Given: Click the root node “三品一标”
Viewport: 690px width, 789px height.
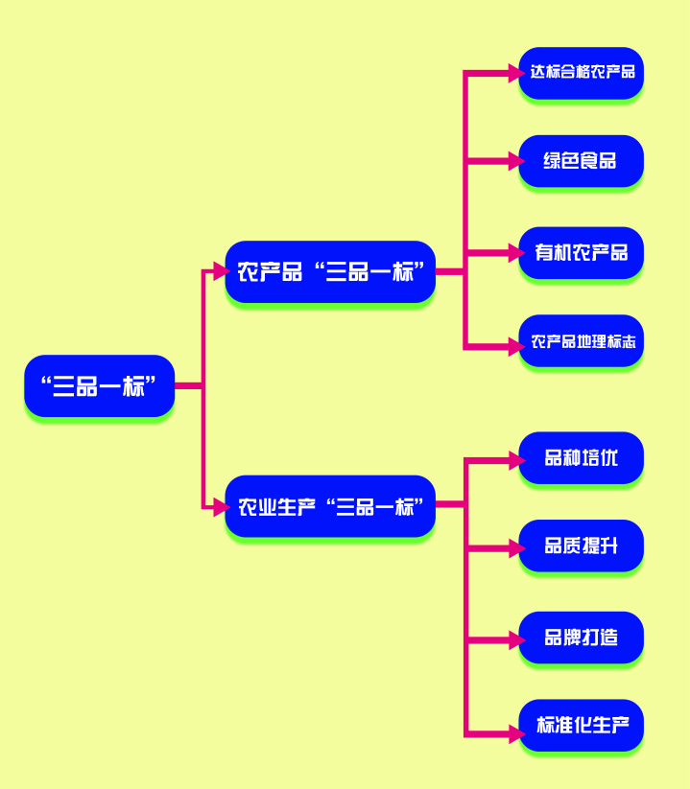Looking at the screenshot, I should click(99, 385).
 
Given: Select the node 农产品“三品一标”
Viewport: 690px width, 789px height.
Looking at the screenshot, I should click(330, 271).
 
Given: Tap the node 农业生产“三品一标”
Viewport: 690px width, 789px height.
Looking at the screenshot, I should click(330, 506).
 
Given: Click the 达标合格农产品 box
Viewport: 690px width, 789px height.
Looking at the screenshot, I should click(581, 72).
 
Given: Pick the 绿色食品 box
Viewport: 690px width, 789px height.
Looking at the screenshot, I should click(581, 160).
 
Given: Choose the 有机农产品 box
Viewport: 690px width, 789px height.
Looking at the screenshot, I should click(581, 252).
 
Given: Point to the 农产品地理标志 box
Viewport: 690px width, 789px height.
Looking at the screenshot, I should click(581, 340).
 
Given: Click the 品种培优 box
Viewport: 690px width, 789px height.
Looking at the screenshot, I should click(581, 457).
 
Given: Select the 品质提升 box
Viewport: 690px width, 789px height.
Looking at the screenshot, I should click(581, 545).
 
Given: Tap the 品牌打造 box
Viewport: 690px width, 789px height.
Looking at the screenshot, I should click(581, 637).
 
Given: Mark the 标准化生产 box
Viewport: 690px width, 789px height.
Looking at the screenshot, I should click(581, 725).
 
